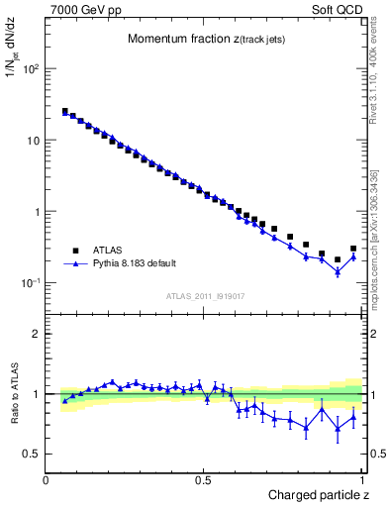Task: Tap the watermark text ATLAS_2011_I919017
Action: click(205, 295)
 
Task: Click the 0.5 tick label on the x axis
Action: click(203, 479)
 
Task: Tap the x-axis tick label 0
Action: click(47, 479)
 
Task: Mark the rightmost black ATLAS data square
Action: click(353, 249)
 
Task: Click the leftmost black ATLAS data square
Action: click(65, 112)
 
